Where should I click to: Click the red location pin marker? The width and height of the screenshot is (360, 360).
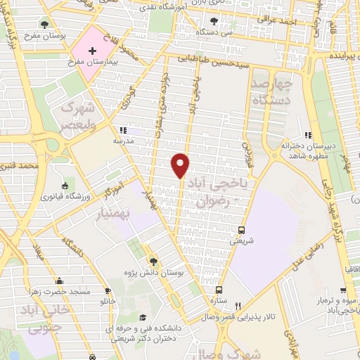coord(181,165)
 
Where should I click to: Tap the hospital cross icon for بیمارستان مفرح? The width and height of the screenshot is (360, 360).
coord(93,52)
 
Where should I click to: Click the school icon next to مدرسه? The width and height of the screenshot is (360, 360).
coord(123,130)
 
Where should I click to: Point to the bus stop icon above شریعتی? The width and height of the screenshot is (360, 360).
coord(242,230)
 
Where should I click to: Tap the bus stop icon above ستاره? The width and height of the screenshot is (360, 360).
coord(219,290)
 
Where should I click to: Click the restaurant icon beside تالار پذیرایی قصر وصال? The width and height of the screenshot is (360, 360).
coord(238,306)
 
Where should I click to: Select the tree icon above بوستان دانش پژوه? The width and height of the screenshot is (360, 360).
coord(154,262)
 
